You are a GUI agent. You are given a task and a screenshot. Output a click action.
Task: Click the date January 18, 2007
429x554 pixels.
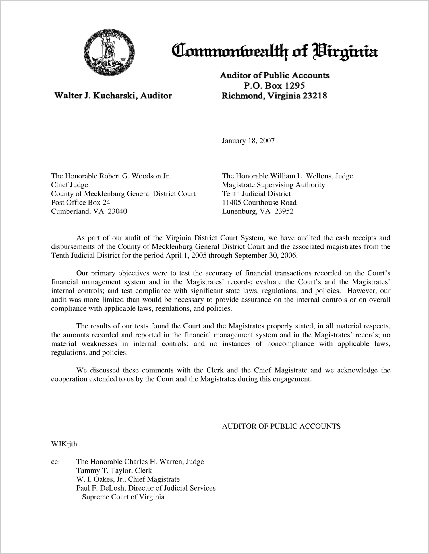[248, 141]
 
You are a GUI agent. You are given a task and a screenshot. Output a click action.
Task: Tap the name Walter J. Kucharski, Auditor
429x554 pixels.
[113, 96]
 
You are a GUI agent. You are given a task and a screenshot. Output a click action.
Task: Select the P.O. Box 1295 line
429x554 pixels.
[274, 85]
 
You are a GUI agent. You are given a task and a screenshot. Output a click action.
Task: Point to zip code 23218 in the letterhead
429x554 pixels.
[315, 96]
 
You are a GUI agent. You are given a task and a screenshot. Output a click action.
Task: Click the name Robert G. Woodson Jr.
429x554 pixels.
[135, 176]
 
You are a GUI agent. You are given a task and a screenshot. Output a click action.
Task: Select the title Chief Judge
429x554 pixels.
[69, 185]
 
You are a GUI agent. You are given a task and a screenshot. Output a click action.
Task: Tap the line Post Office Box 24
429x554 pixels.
[80, 203]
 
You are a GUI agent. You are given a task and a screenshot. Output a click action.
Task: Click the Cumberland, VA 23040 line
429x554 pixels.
[89, 211]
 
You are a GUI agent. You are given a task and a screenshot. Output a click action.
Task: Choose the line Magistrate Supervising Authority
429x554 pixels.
[273, 185]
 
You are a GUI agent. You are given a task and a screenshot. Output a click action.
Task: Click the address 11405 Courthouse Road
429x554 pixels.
[259, 203]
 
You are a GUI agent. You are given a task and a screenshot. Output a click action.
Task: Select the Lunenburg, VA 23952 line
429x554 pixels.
[258, 211]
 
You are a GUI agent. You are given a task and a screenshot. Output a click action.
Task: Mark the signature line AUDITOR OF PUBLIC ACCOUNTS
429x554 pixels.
[281, 426]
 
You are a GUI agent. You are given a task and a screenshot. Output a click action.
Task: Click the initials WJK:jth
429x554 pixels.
[64, 444]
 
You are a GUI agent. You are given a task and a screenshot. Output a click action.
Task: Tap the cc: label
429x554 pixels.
[55, 462]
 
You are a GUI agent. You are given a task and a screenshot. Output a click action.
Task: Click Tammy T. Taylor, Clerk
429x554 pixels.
[114, 471]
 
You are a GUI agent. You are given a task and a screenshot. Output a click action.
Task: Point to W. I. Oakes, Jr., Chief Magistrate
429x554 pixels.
[128, 479]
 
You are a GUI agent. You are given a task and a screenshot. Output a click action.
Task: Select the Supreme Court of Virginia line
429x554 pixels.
[123, 497]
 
